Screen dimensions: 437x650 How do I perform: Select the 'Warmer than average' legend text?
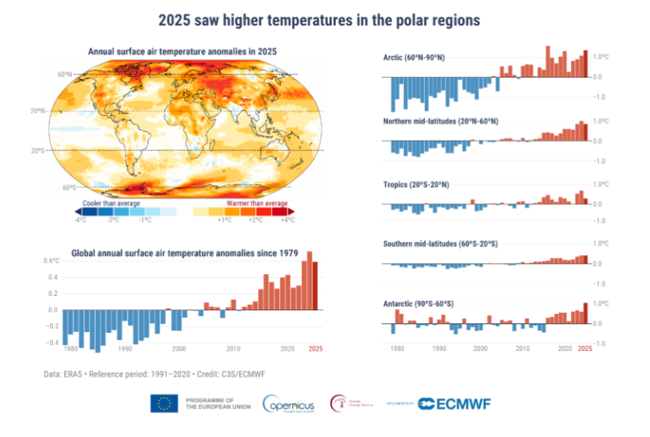pos(257,203)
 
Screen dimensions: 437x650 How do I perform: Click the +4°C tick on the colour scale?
pos(288,220)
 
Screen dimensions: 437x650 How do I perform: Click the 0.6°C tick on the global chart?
pos(51,261)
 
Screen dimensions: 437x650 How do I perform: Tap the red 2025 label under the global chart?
pos(315,349)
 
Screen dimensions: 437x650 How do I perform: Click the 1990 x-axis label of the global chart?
pos(124,349)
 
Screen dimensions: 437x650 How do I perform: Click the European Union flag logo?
pos(164,404)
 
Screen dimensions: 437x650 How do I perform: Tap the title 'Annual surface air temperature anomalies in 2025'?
pos(183,51)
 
